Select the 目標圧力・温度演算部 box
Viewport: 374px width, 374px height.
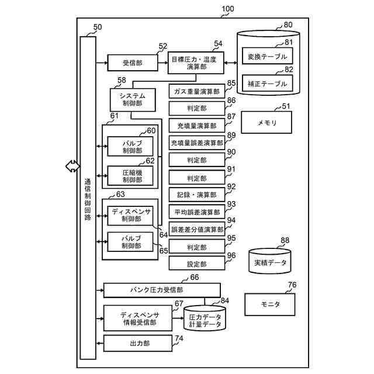coord(196,63)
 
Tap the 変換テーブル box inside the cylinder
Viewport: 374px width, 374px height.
coord(268,57)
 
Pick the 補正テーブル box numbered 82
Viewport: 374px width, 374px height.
coord(268,84)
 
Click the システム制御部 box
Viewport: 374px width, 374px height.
coord(132,99)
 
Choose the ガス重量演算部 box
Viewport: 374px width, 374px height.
coord(197,92)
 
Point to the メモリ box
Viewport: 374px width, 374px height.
coord(267,123)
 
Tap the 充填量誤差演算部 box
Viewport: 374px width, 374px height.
coord(197,143)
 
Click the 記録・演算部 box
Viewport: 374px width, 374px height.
coord(197,195)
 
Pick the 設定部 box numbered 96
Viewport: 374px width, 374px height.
coord(197,264)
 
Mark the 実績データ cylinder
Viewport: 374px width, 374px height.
coord(271,262)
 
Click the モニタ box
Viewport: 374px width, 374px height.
coord(270,304)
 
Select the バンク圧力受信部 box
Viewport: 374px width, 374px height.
coord(162,290)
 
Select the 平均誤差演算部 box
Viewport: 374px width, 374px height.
coord(197,212)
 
